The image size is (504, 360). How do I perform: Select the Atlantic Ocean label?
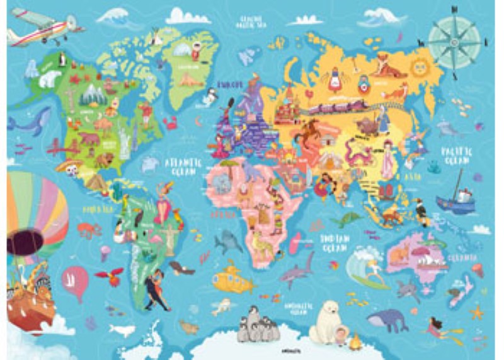(x=182, y=166)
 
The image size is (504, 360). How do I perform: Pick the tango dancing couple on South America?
(x=156, y=290)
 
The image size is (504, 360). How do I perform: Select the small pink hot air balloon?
(x=75, y=282)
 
